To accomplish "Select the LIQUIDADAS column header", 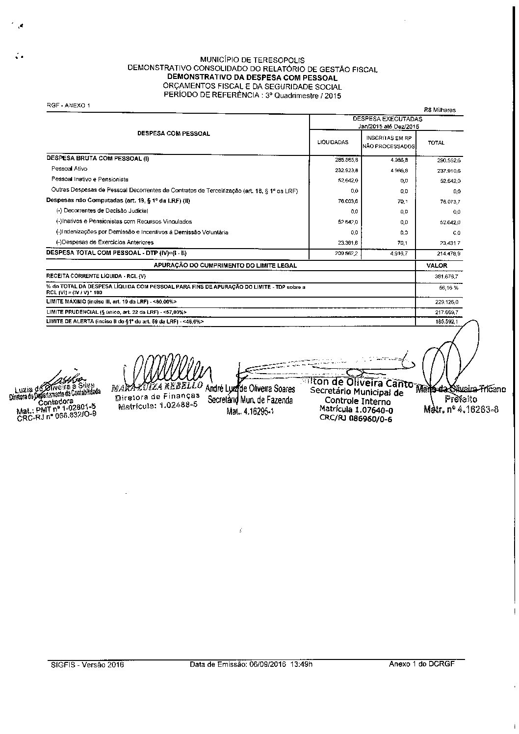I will click(333, 142).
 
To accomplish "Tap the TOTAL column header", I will click(436, 143).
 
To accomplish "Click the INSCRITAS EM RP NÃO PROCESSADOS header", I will click(389, 142).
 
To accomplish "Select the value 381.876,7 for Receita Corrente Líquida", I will click(446, 277).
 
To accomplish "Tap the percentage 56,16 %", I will click(448, 288).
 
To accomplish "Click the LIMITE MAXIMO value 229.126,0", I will click(446, 302).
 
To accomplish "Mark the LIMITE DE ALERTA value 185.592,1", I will click(446, 322).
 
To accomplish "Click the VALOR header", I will click(437, 265).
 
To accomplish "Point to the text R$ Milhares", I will click(440, 110).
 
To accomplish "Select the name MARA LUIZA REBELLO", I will click(157, 387).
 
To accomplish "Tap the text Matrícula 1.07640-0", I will click(356, 409).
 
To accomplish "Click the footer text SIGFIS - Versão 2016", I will click(87, 665).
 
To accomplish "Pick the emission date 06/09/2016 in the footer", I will click(267, 665).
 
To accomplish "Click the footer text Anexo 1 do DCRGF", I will click(421, 664).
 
